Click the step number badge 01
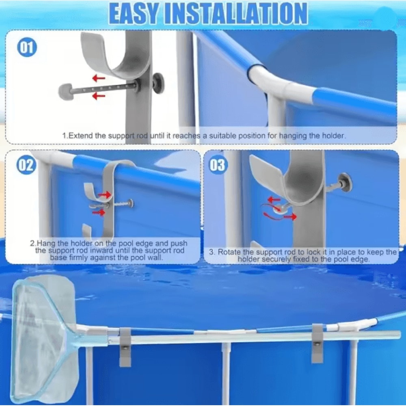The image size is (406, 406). click(27, 48)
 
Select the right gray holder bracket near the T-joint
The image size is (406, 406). click(317, 343)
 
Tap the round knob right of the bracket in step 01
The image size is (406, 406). click(158, 83)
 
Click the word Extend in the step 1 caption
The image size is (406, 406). click(80, 136)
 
